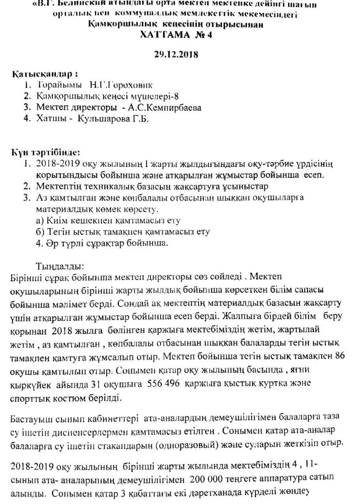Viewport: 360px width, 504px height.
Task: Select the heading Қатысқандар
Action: pos(43,74)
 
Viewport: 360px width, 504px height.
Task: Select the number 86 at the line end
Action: pos(339,356)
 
